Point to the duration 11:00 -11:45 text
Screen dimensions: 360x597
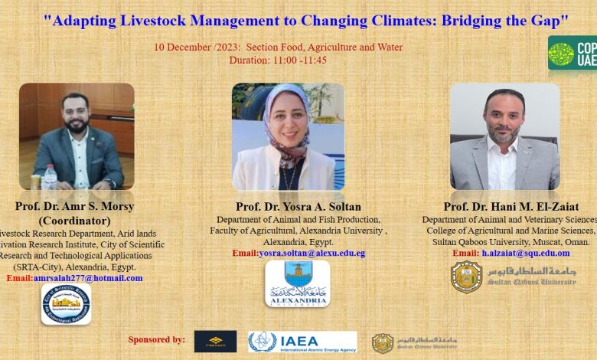coord(278,60)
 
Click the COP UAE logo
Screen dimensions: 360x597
coord(572,53)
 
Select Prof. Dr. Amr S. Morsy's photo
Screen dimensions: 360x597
coord(77,136)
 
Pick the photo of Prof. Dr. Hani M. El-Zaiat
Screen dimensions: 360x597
coord(504,136)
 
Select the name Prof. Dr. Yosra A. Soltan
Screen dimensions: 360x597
coord(298,207)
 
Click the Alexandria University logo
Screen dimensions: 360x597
coord(298,283)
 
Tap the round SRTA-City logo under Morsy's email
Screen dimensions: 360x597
coord(66,304)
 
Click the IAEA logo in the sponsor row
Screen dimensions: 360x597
coord(302,342)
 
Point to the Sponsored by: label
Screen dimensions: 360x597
coord(156,339)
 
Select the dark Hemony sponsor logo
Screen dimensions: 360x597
coord(215,342)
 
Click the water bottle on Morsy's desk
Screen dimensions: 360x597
coord(50,177)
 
